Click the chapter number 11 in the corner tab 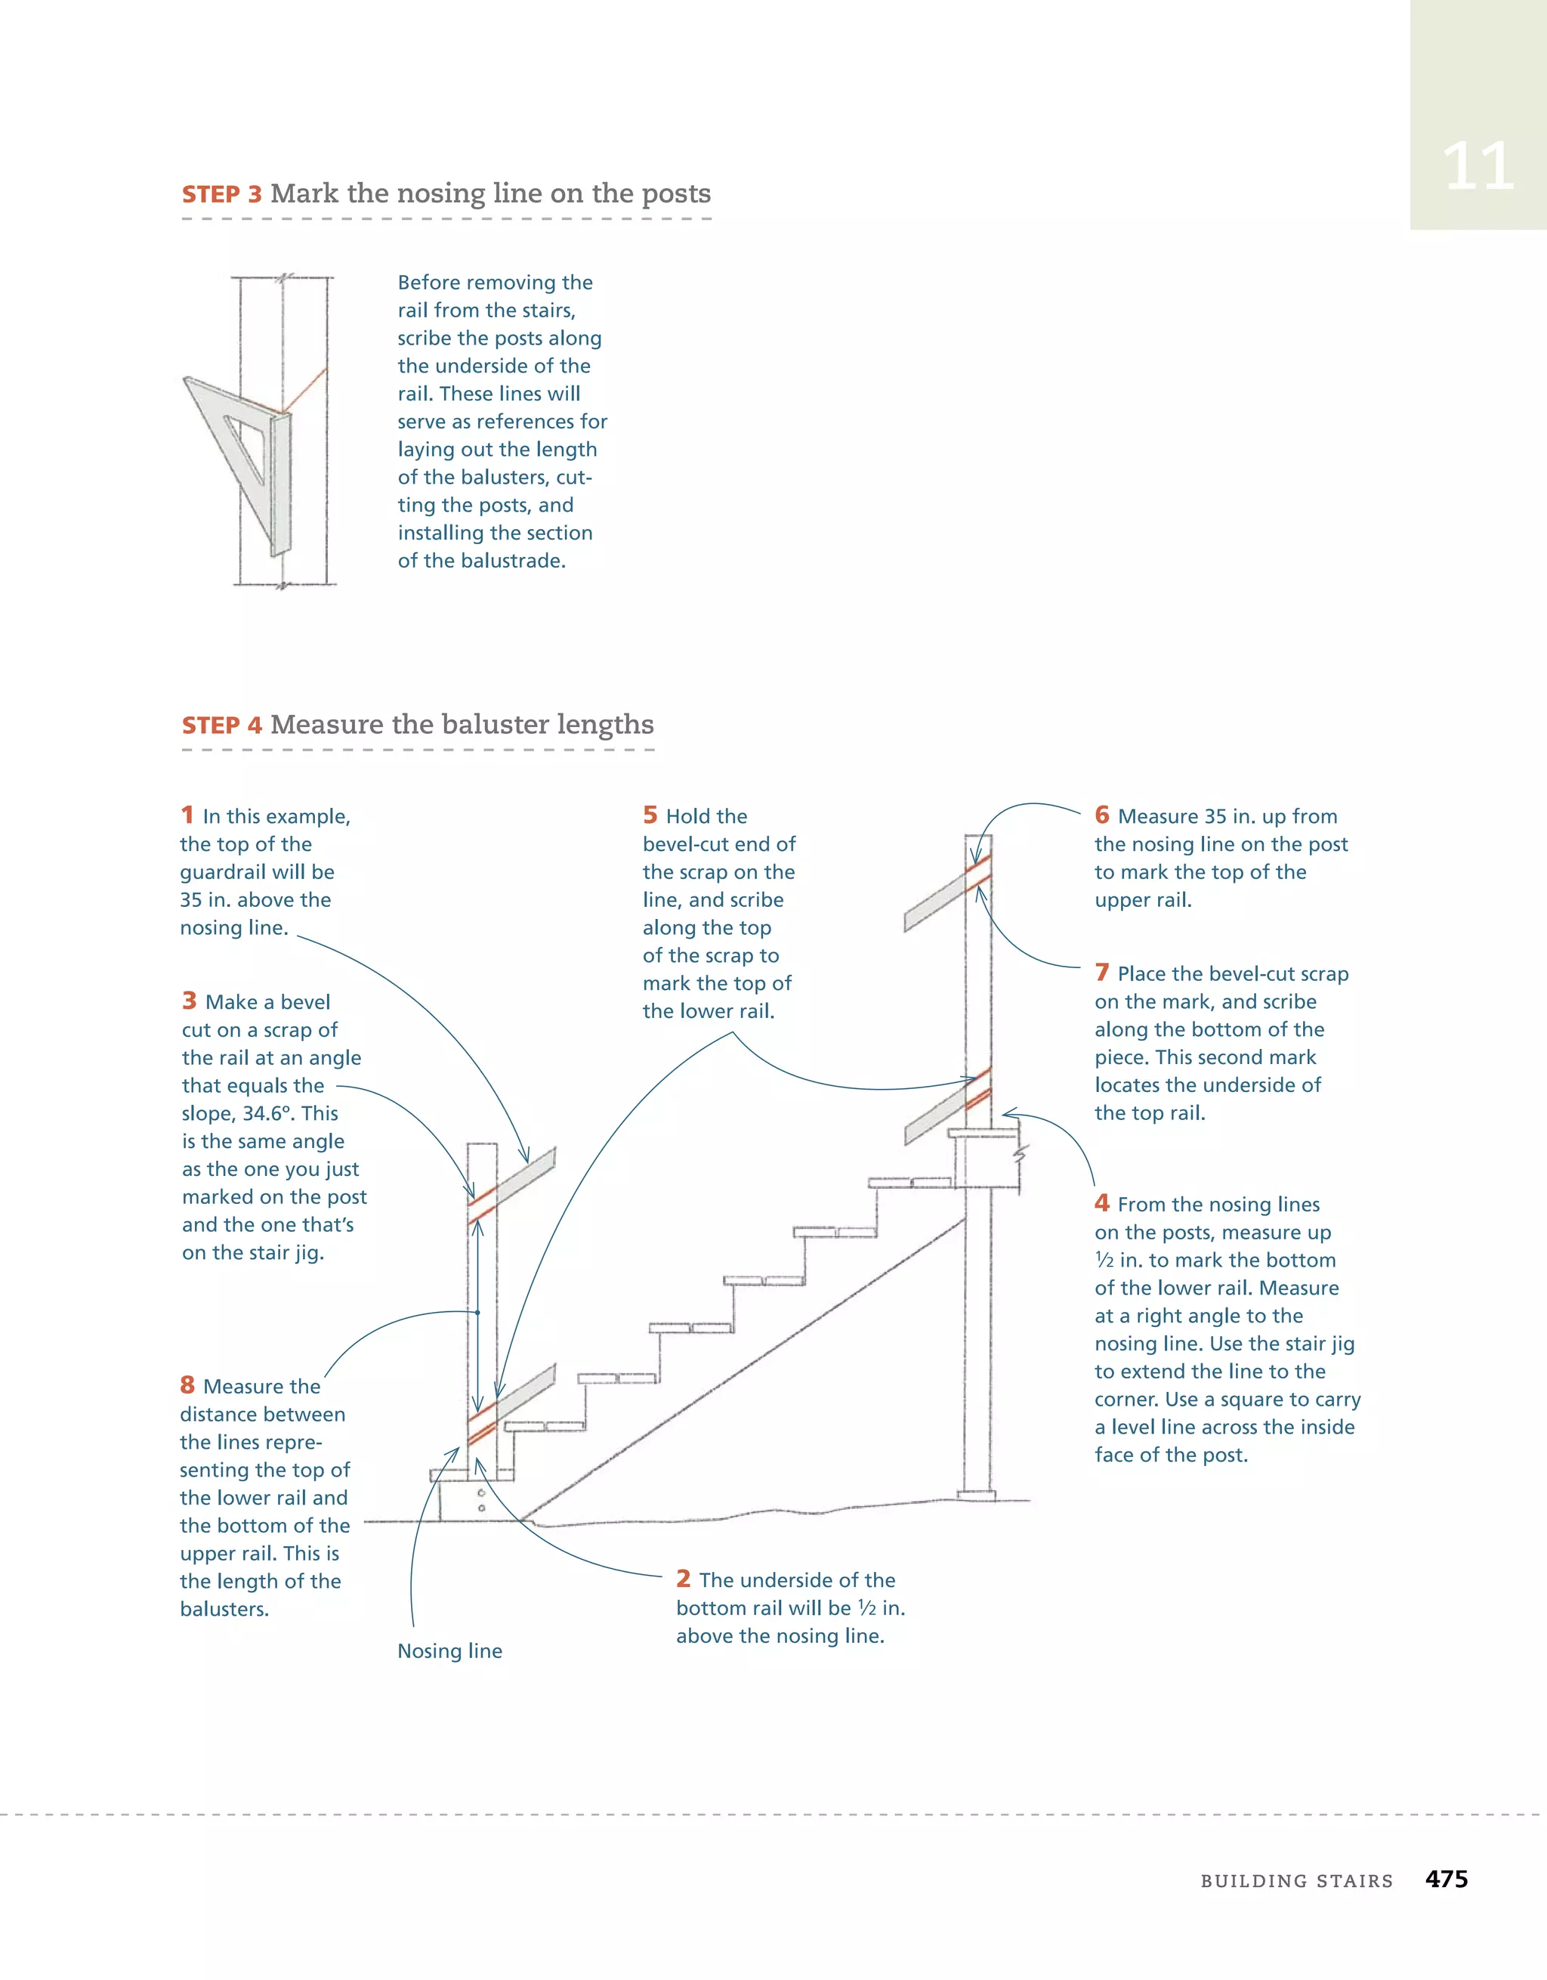coord(1478,167)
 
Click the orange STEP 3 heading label coord(221,195)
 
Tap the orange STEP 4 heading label coord(221,726)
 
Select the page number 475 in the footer coord(1446,1879)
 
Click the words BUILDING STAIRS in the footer coord(1296,1881)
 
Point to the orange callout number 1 coord(187,815)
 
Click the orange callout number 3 coord(189,1001)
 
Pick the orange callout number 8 coord(187,1385)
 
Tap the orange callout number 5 coord(650,815)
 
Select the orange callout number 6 coord(1102,815)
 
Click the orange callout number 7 coord(1102,973)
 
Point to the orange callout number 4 coord(1102,1203)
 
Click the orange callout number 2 coord(684,1579)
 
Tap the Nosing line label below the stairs coord(449,1651)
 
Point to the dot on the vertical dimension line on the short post coord(477,1312)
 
